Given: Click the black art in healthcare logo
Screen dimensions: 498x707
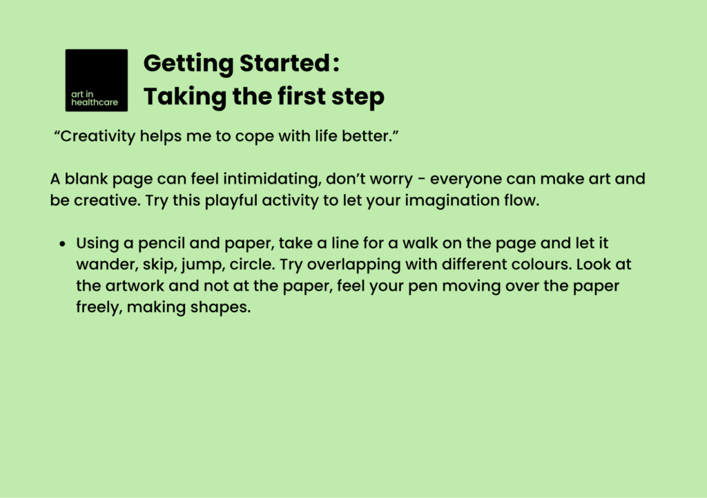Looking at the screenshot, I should tap(96, 80).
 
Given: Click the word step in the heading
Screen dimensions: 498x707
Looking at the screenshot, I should tap(359, 97).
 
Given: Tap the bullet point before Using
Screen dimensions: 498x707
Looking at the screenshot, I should tap(62, 245).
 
